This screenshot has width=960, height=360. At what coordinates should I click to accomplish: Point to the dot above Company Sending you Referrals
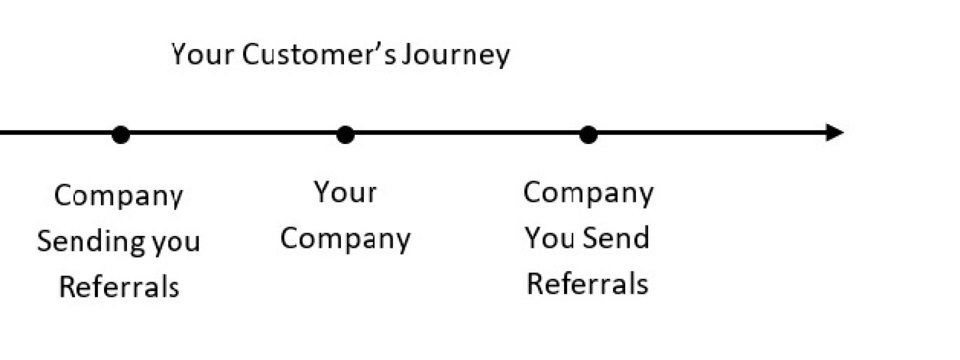(120, 134)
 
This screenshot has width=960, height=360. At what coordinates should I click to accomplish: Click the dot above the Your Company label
(345, 134)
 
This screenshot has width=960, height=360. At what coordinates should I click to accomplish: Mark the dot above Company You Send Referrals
(588, 134)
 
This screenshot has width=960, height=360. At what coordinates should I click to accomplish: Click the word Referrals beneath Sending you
(119, 287)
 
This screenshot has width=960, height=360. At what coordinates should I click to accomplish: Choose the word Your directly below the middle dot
(345, 192)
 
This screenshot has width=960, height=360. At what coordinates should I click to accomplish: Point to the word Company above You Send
(588, 193)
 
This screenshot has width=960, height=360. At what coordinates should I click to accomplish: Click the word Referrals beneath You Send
(587, 283)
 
